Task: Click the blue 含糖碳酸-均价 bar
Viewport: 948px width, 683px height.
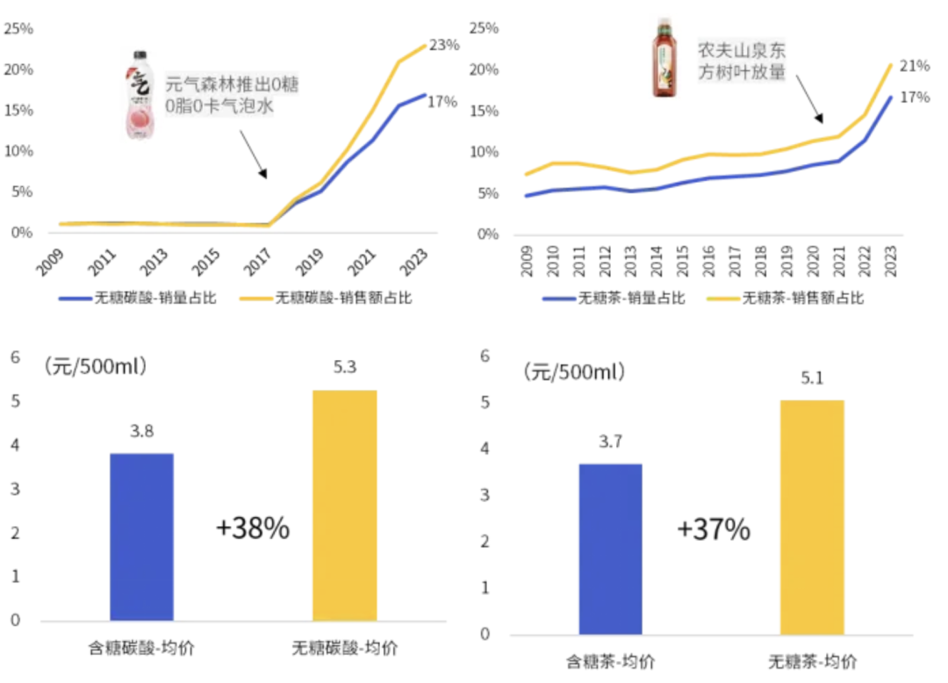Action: click(141, 536)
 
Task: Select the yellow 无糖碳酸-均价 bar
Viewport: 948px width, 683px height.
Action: click(345, 506)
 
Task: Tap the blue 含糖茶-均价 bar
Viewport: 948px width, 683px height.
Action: click(611, 550)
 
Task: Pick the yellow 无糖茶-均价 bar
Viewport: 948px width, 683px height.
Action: click(812, 517)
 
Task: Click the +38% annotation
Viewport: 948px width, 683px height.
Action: click(253, 528)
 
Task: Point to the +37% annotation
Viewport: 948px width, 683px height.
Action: click(714, 529)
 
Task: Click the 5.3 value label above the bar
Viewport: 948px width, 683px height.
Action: click(345, 367)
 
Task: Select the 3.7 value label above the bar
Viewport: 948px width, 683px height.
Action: click(611, 442)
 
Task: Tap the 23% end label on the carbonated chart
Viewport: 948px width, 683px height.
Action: click(444, 45)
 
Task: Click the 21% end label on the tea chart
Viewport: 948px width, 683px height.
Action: click(915, 65)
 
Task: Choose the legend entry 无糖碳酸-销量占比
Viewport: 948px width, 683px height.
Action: click(138, 298)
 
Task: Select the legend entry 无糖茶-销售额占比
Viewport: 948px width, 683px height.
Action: click(786, 298)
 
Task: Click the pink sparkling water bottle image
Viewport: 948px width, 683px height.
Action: click(140, 95)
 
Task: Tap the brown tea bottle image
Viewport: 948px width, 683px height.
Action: click(664, 57)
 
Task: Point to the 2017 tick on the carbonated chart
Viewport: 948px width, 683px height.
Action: click(256, 262)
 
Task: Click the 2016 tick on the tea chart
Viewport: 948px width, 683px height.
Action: click(708, 261)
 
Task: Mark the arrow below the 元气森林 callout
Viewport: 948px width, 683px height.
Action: click(254, 155)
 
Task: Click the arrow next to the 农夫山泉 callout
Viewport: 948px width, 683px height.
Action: click(809, 99)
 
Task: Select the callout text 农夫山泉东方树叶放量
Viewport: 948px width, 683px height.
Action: click(742, 61)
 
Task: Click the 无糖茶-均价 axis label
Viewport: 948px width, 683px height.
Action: click(813, 662)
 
